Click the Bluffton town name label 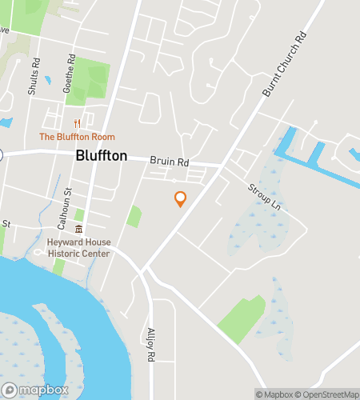pos(101,156)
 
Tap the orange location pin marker pos(180,198)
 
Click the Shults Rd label pos(34,76)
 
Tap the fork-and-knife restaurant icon pos(78,123)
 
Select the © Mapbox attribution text pos(274,394)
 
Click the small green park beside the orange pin pos(134,216)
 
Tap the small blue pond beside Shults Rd pos(48,80)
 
